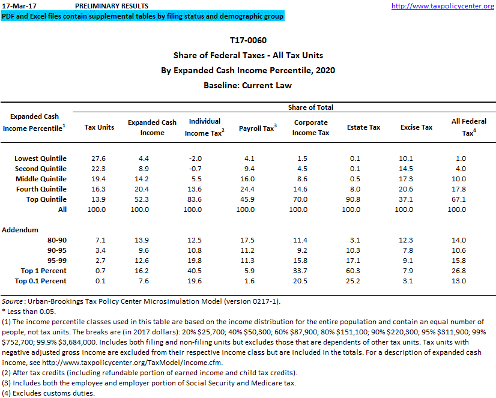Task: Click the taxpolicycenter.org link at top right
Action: (443, 6)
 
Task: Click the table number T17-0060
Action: (247, 40)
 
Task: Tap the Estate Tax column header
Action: (363, 127)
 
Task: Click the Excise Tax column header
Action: (416, 127)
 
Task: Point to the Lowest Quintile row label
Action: (40, 158)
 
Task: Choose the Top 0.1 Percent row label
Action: (40, 281)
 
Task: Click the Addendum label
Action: (20, 230)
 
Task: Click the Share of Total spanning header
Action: (310, 107)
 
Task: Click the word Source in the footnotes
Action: (12, 301)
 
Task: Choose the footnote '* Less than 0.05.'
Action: (29, 311)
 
